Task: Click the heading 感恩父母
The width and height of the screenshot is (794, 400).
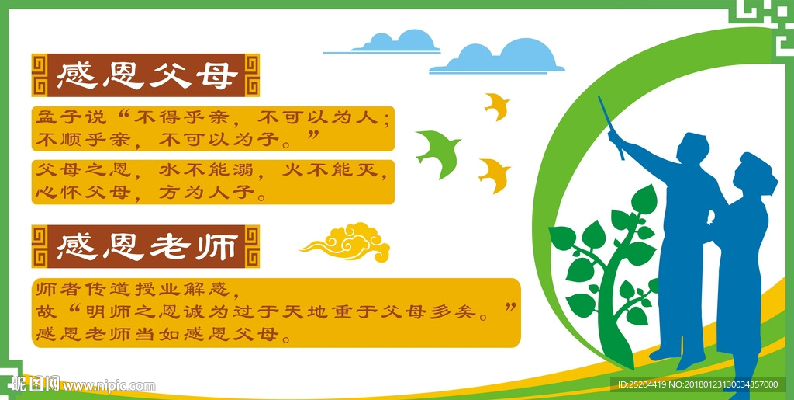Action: (147, 75)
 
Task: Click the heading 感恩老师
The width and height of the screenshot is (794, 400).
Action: (147, 247)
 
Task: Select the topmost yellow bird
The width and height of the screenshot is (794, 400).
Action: (497, 106)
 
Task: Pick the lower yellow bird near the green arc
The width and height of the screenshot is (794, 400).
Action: (495, 175)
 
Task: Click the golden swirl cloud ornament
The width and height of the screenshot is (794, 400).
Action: (347, 242)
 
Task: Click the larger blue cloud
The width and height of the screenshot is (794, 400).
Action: (497, 56)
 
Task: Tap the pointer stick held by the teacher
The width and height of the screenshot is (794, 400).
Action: (611, 127)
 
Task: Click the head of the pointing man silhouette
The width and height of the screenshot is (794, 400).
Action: (692, 148)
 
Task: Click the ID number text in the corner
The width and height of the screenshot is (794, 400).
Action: (698, 384)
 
